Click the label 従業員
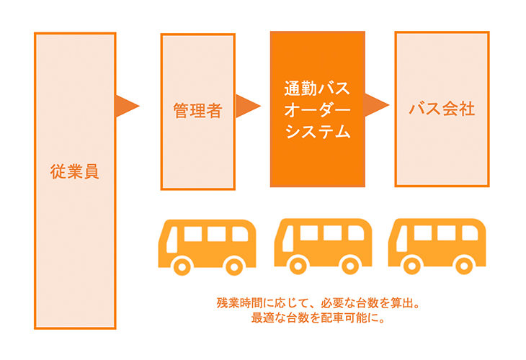coord(75,172)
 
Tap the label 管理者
coord(197,111)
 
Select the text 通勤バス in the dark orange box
coord(317,90)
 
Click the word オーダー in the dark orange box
coord(317,111)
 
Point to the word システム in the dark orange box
coord(317,132)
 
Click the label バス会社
coord(442,109)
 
